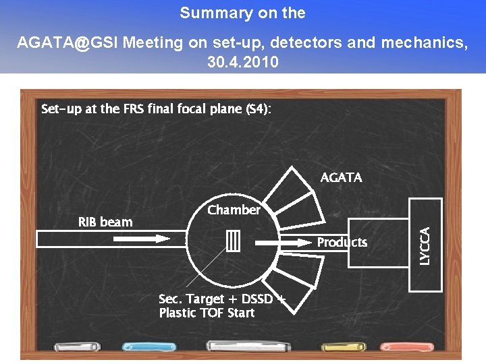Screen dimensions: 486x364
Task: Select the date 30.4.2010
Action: (242, 62)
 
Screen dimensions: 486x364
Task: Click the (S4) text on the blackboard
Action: (256, 109)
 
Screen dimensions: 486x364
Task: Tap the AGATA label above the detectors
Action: (341, 177)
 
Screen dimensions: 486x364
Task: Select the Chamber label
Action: (234, 210)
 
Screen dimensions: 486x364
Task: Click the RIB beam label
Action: (105, 222)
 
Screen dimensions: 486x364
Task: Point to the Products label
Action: (342, 242)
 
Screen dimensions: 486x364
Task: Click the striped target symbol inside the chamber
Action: (234, 241)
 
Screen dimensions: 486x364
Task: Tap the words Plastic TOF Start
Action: (207, 313)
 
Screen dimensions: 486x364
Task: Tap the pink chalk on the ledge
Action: (397, 346)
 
